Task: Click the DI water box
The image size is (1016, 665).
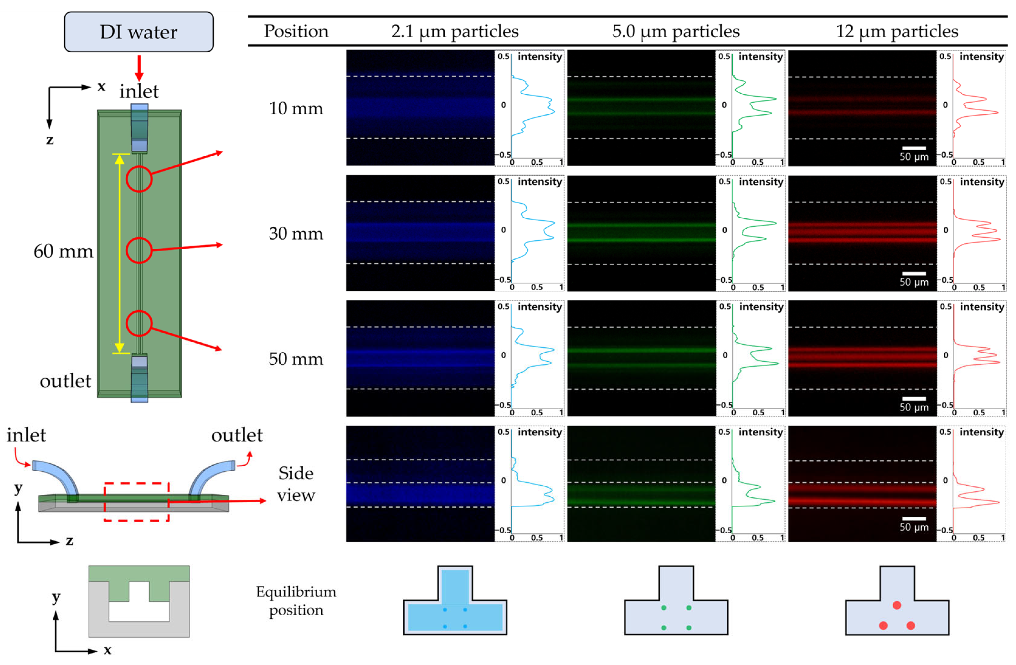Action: tap(139, 32)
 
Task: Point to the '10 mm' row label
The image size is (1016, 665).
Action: tap(296, 109)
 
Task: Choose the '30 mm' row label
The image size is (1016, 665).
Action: tap(296, 234)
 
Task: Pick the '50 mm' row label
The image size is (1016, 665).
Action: tap(296, 359)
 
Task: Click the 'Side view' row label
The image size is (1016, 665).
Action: tap(296, 484)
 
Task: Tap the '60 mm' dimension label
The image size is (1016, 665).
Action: tap(63, 251)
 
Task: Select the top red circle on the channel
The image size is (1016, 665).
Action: tap(139, 179)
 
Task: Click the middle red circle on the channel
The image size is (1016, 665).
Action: tap(139, 250)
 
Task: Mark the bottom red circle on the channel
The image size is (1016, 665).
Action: tap(139, 323)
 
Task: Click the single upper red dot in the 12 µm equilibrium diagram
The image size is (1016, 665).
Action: tap(897, 605)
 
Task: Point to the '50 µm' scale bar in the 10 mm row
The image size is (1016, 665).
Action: tap(914, 148)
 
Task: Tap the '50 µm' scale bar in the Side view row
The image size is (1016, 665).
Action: tap(914, 519)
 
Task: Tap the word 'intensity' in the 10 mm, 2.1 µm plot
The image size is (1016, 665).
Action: tap(540, 57)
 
